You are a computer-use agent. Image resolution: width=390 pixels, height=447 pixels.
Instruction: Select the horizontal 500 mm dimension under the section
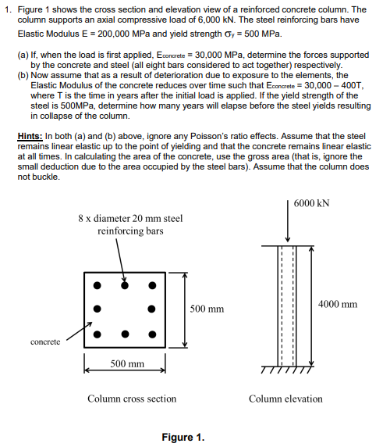click(126, 364)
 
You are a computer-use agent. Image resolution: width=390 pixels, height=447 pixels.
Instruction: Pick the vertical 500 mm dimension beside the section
click(207, 309)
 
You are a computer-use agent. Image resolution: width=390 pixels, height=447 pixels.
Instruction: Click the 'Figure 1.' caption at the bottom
click(183, 436)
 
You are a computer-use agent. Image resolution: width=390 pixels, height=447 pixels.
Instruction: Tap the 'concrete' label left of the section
click(45, 342)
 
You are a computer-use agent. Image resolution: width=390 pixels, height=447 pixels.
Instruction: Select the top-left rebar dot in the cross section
click(97, 284)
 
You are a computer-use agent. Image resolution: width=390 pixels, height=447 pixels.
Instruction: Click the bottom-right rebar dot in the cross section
click(153, 334)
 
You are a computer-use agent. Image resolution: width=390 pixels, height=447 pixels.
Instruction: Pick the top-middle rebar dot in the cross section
click(125, 284)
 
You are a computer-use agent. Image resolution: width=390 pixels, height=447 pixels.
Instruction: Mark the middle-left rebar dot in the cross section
click(97, 309)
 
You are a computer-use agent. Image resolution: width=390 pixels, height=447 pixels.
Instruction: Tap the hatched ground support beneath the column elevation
click(289, 370)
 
